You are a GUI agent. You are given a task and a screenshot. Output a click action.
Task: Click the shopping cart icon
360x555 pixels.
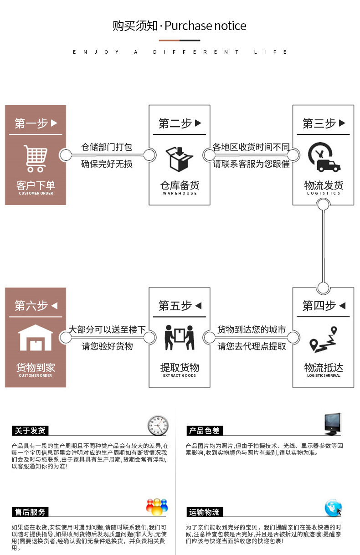point(36,158)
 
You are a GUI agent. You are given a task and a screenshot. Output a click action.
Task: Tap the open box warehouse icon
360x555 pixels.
point(179,158)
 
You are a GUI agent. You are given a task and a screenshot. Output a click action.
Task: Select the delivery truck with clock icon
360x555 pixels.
point(323,158)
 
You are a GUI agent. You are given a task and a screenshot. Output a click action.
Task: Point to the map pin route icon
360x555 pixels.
point(323,340)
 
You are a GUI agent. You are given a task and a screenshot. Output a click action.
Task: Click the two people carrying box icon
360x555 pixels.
point(179,338)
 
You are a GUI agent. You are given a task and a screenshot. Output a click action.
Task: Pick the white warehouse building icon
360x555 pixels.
point(36,338)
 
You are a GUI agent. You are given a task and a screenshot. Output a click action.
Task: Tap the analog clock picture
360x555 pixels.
point(158,426)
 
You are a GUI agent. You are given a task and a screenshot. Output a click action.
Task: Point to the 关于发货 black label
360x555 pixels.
point(30,431)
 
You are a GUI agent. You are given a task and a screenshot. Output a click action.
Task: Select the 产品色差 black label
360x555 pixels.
point(204,431)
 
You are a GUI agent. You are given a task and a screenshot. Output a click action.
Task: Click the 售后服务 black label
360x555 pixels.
point(30,512)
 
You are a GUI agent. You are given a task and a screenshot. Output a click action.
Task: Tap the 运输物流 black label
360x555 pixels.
point(204,512)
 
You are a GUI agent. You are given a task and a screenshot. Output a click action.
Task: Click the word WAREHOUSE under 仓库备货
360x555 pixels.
point(180,193)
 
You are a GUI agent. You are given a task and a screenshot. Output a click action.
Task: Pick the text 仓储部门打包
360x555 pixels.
point(107,147)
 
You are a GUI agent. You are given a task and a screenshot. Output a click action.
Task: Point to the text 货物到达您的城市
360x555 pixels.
point(252,329)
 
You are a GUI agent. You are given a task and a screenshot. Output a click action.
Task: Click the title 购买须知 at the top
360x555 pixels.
point(135,26)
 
